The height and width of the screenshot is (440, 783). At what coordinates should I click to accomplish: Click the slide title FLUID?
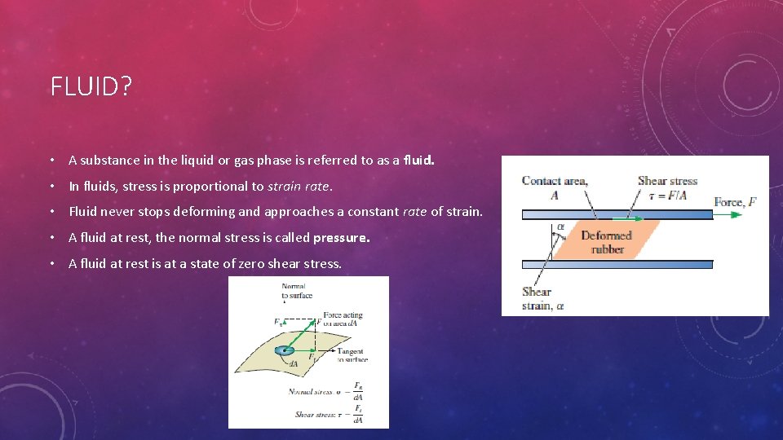pyautogui.click(x=91, y=86)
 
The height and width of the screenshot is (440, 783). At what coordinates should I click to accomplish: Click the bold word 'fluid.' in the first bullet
pyautogui.click(x=418, y=161)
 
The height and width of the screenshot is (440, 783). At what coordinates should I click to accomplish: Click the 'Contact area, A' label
pyautogui.click(x=554, y=187)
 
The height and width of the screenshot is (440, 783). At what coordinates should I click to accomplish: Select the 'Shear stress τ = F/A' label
pyautogui.click(x=667, y=187)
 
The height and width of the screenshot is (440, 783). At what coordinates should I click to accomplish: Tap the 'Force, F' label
pyautogui.click(x=735, y=202)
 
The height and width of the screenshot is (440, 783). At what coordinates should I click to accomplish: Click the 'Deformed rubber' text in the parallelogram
pyautogui.click(x=606, y=242)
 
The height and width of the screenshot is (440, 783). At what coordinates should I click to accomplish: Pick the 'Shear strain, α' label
pyautogui.click(x=542, y=299)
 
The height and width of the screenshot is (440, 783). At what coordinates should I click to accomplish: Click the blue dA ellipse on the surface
pyautogui.click(x=284, y=350)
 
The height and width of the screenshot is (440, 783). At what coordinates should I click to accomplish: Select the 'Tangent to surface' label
pyautogui.click(x=352, y=355)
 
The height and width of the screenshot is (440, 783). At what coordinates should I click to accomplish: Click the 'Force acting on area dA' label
pyautogui.click(x=343, y=319)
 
